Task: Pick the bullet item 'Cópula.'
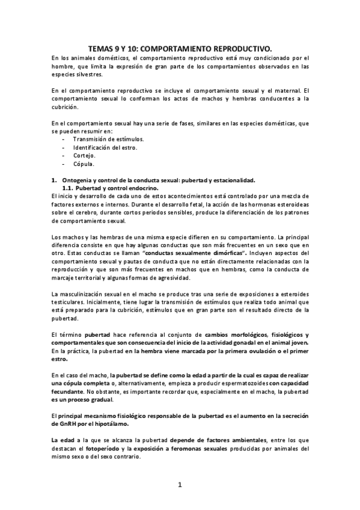pyautogui.click(x=84, y=164)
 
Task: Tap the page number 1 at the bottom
pyautogui.click(x=180, y=484)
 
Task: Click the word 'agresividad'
pyautogui.click(x=171, y=277)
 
